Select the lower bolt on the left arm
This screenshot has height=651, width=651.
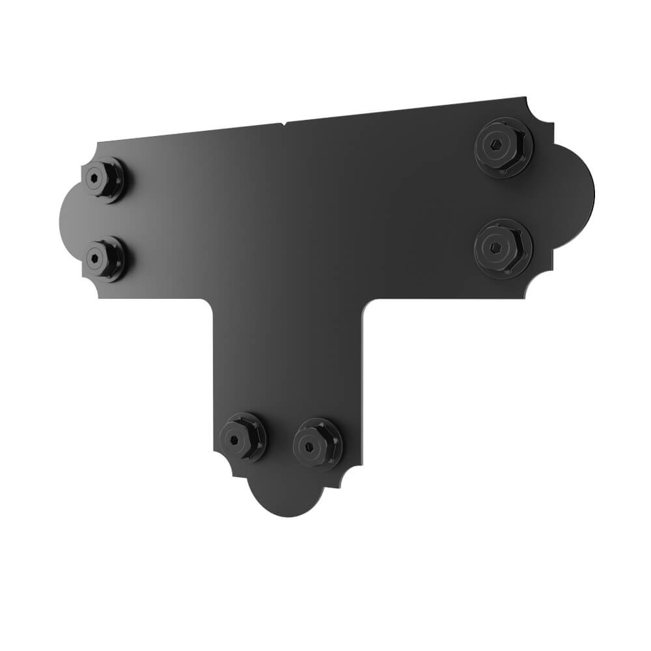tap(104, 258)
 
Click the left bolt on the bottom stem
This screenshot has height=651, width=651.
tap(242, 437)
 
